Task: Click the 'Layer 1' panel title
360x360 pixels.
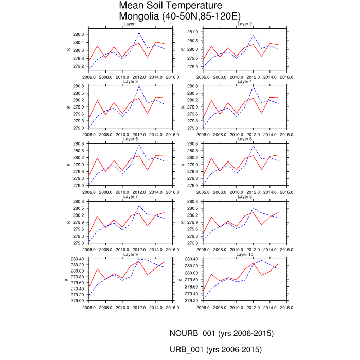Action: (x=130, y=24)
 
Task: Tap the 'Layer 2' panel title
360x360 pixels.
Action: (x=244, y=24)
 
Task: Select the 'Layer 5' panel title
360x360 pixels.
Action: (x=130, y=139)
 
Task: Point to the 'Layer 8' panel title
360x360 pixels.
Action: (x=244, y=197)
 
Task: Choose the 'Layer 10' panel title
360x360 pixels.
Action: (x=244, y=255)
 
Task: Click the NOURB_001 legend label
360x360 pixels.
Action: (x=221, y=333)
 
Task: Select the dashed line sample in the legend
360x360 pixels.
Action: (x=123, y=333)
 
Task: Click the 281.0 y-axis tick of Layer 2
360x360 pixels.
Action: (x=192, y=32)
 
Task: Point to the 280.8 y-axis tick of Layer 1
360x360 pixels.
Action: (x=78, y=34)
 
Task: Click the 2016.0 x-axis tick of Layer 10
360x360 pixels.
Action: (x=286, y=308)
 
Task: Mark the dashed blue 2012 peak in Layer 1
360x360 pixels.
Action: (x=139, y=33)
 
